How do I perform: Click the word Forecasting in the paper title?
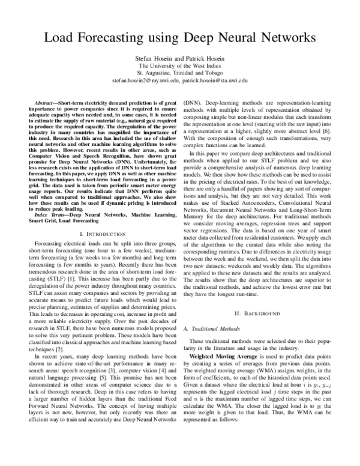[117, 37]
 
